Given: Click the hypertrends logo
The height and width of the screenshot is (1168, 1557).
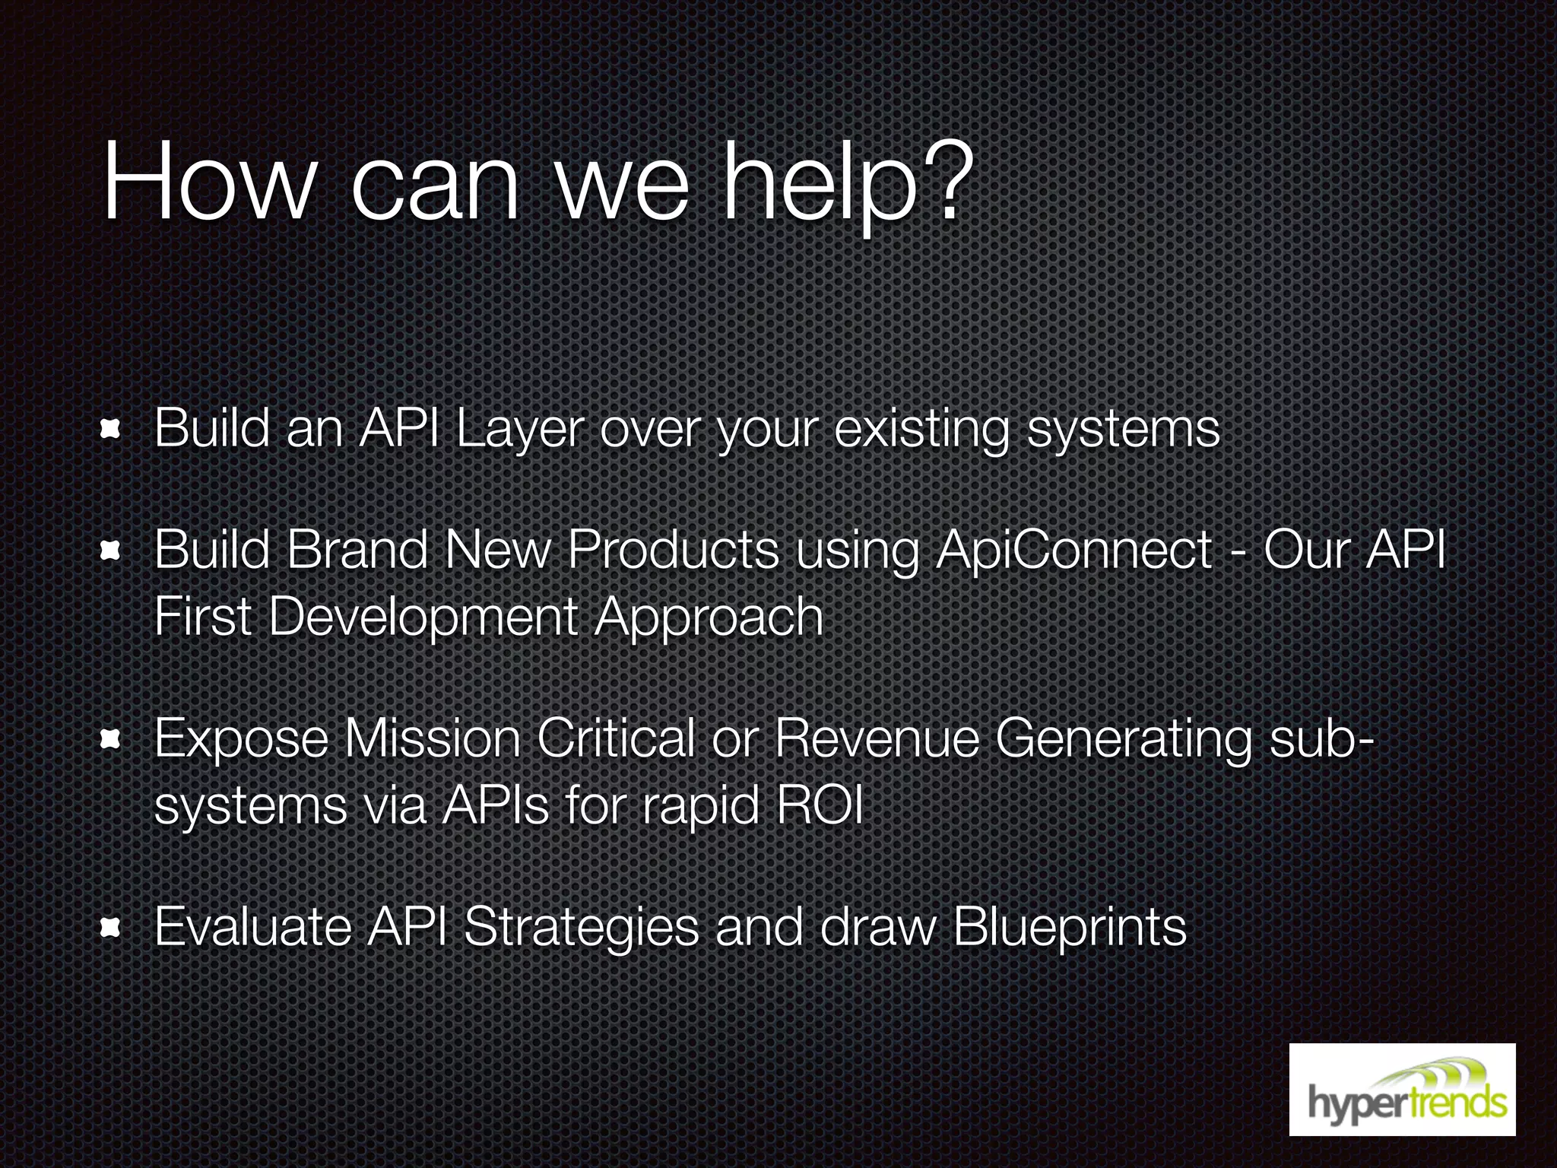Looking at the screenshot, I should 1402,1089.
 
